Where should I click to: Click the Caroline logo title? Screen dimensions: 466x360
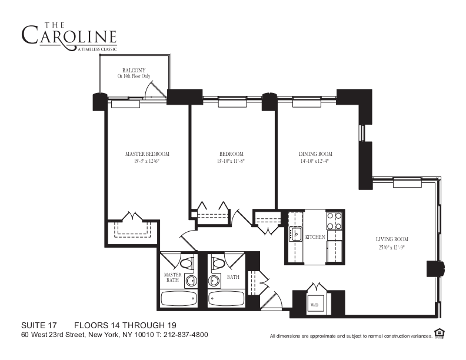[69, 36]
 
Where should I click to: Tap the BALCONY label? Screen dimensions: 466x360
[134, 71]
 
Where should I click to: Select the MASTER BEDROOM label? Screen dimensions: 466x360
[147, 154]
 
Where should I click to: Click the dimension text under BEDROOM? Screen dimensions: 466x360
[231, 161]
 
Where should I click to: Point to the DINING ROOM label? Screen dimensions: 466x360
[315, 154]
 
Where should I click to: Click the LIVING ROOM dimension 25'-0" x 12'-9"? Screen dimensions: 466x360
[392, 247]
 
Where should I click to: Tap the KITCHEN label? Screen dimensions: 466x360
[315, 237]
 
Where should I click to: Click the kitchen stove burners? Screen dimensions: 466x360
[334, 221]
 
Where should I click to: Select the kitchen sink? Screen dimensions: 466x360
[295, 234]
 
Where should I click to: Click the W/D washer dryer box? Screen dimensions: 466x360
[314, 305]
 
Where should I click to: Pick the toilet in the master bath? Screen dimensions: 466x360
[187, 263]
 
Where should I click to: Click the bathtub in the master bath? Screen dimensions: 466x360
[179, 299]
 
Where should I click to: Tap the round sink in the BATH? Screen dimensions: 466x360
[214, 280]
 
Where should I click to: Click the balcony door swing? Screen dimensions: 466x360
[155, 89]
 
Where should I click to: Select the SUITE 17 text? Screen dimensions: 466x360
[39, 325]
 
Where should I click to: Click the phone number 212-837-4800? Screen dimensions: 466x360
[186, 335]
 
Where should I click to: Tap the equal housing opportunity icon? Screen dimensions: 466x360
[439, 334]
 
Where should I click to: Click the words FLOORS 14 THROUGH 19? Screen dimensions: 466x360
[125, 325]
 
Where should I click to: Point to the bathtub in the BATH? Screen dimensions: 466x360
[227, 299]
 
